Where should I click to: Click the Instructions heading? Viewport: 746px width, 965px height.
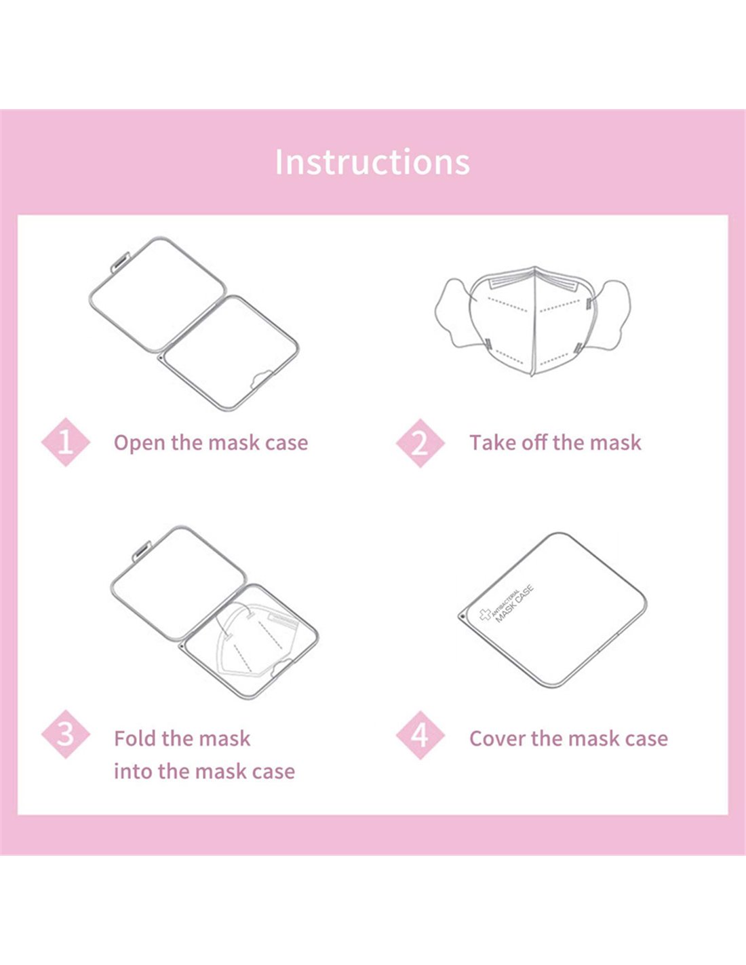[372, 162]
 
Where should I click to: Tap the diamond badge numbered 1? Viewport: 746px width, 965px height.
[66, 442]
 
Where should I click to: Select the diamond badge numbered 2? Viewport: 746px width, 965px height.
[420, 442]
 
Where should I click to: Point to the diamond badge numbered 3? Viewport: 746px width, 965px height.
[66, 734]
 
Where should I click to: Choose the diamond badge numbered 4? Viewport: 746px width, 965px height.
[420, 735]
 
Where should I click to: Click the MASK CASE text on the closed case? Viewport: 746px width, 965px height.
[515, 605]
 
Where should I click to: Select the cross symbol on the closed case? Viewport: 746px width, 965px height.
[485, 616]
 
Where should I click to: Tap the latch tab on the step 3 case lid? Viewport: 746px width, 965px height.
[142, 551]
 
